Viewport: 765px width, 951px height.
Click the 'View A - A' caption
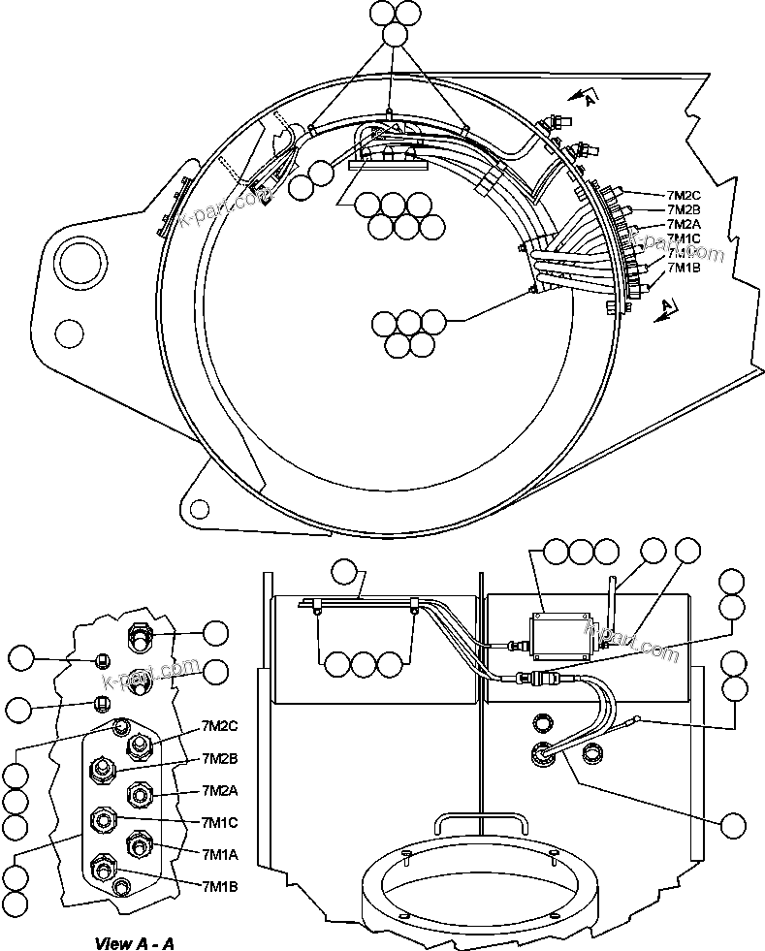(135, 942)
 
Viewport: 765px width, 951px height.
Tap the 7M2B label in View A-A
(219, 757)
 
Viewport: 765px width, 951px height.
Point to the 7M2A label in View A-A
(219, 790)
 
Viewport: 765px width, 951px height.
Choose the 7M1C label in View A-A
(219, 822)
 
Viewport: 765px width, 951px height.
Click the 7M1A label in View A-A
(219, 854)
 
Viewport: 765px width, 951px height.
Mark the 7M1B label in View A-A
(219, 885)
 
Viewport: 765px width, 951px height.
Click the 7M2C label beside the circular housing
(685, 195)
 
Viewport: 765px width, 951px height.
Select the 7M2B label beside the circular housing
(685, 209)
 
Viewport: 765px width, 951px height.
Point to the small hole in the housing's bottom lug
(199, 508)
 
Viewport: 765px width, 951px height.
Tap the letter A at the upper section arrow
(590, 95)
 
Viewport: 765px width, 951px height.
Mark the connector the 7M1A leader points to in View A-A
(139, 845)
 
